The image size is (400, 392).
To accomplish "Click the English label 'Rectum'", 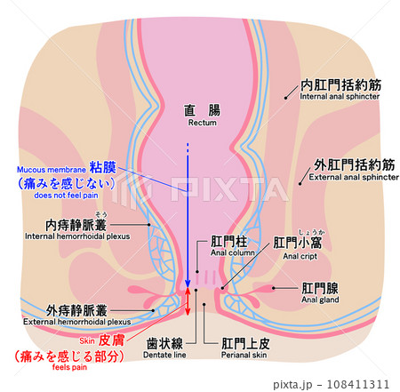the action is (203, 123).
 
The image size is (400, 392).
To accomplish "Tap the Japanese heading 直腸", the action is (202, 110).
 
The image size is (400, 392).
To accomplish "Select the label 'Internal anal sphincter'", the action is (340, 96).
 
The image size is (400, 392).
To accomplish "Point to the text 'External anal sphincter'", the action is (354, 177).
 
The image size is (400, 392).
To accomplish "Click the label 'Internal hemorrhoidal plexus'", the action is (77, 236).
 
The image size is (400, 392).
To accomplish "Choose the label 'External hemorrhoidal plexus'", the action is (77, 322).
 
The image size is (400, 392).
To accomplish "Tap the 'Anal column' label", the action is (233, 252).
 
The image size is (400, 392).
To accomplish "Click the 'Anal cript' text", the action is (300, 256).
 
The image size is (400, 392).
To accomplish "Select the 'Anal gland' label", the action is (320, 300).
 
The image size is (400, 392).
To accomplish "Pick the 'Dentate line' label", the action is (164, 355).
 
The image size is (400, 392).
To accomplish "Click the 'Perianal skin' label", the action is (244, 355).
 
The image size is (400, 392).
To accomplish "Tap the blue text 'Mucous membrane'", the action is (52, 170).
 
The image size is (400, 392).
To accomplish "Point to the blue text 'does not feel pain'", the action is (66, 196).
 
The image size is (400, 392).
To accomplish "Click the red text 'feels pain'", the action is (69, 367).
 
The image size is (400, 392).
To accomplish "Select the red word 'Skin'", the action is (87, 340).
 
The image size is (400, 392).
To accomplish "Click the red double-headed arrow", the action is (188, 301).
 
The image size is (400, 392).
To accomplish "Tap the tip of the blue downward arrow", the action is (188, 287).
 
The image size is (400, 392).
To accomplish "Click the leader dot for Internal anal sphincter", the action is (285, 98).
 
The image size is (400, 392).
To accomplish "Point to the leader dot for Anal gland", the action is (274, 288).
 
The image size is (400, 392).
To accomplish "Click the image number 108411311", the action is (358, 384).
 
